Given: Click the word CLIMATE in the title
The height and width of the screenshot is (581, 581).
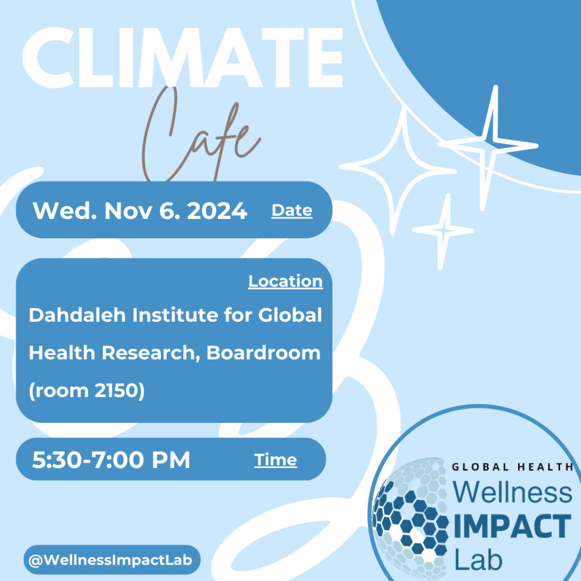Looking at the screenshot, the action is pyautogui.click(x=182, y=57).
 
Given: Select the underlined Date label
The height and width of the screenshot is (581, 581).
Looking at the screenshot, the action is pyautogui.click(x=292, y=210).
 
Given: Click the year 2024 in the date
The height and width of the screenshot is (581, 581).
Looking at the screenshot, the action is pyautogui.click(x=217, y=211).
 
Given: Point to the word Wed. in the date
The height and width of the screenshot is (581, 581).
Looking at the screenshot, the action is pyautogui.click(x=65, y=211).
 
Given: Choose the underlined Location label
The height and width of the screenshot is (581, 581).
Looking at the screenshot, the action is pyautogui.click(x=285, y=281).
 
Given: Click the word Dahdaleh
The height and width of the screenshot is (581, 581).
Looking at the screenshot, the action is pyautogui.click(x=77, y=315).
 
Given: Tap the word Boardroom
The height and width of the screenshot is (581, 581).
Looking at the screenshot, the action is pyautogui.click(x=263, y=353).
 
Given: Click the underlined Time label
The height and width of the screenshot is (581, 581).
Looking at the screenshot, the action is pyautogui.click(x=275, y=460).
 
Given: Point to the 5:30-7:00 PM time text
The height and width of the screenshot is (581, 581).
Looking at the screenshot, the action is pyautogui.click(x=111, y=460).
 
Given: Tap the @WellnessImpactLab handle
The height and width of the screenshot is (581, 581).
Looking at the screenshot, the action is pyautogui.click(x=111, y=559).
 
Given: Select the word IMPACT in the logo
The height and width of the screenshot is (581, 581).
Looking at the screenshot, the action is pyautogui.click(x=512, y=526).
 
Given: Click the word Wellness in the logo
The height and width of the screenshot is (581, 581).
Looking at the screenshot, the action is pyautogui.click(x=512, y=492).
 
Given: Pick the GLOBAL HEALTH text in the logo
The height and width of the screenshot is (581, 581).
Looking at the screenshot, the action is pyautogui.click(x=512, y=467).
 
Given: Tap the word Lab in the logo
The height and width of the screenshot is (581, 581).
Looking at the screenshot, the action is pyautogui.click(x=478, y=559).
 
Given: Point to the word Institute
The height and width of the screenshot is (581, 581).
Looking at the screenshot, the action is pyautogui.click(x=175, y=315).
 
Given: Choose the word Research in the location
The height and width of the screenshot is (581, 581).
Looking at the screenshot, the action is pyautogui.click(x=148, y=353).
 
